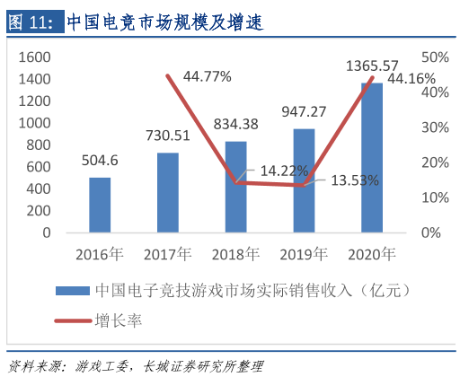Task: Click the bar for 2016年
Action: click(100, 205)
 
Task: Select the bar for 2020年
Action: click(372, 157)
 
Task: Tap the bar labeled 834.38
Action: click(236, 187)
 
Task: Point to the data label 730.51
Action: click(168, 136)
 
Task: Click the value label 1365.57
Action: click(372, 66)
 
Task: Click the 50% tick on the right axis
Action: click(436, 57)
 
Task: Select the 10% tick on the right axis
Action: click(436, 197)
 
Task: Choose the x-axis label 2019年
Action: click(304, 253)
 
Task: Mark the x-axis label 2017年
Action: click(168, 253)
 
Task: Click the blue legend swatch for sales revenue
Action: click(72, 290)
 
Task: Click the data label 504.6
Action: click(100, 161)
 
